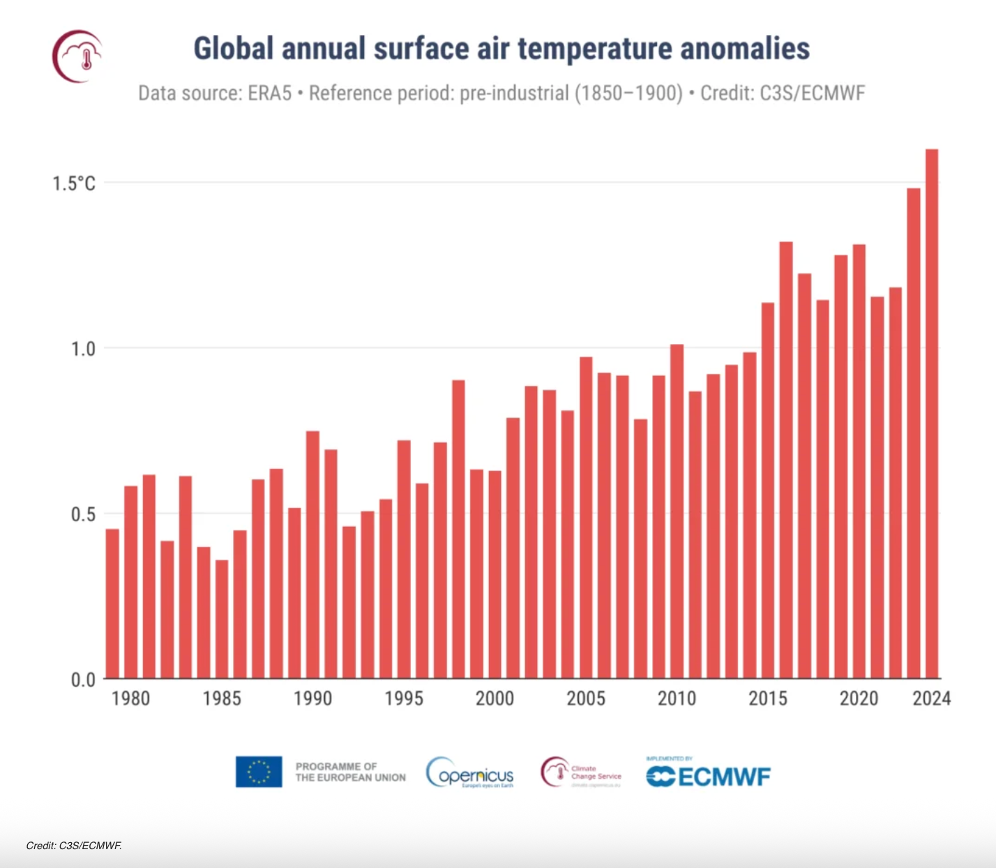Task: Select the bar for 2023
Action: [914, 433]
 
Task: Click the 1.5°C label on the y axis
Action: [73, 184]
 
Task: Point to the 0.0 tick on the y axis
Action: [83, 680]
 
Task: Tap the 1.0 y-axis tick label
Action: [83, 349]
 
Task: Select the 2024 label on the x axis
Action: [932, 698]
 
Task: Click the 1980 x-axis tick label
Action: [130, 698]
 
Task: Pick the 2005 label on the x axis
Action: [586, 698]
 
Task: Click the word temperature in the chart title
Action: [595, 49]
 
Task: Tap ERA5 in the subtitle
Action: [269, 93]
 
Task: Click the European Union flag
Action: [259, 772]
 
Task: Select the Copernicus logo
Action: [470, 773]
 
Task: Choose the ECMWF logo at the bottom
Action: [708, 775]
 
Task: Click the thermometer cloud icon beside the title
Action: [77, 56]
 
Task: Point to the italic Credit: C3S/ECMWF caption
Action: [74, 846]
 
